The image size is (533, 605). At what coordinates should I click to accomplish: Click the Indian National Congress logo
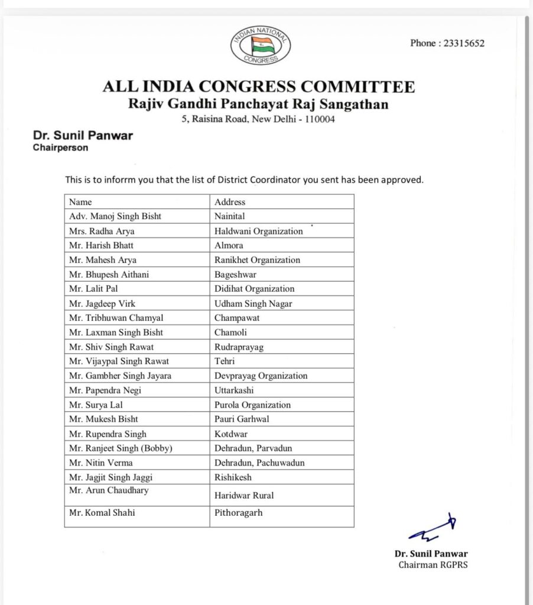(261, 46)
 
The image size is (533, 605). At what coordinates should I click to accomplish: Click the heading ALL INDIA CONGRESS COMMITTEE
(259, 87)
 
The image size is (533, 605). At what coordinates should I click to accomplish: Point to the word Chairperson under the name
(61, 148)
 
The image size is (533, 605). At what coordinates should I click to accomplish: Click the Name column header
(81, 202)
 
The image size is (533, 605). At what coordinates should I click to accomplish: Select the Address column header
(230, 202)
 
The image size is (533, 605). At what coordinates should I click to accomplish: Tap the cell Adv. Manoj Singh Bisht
(115, 216)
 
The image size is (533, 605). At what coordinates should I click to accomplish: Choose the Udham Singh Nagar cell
(253, 304)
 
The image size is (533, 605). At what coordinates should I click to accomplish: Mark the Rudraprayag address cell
(239, 347)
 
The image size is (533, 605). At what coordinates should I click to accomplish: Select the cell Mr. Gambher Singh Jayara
(121, 376)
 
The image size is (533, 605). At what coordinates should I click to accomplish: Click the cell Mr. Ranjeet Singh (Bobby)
(121, 448)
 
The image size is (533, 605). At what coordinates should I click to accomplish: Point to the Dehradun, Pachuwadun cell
(259, 463)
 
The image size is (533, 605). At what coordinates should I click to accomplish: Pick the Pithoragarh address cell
(239, 513)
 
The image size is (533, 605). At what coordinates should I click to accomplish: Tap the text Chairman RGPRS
(433, 565)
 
